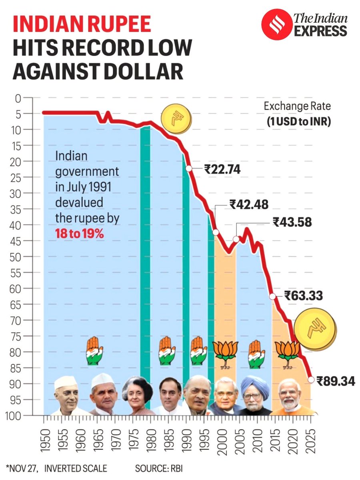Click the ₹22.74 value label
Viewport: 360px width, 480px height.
(x=222, y=170)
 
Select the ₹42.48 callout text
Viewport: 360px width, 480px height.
(x=248, y=204)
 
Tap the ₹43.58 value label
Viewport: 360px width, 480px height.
(x=292, y=222)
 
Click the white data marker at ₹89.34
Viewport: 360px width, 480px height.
(x=311, y=380)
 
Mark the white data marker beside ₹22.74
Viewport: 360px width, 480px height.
(x=189, y=169)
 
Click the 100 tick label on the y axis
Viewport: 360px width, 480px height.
(x=15, y=416)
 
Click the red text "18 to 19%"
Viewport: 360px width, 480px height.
(x=80, y=234)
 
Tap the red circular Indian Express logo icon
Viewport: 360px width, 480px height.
(x=275, y=24)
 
